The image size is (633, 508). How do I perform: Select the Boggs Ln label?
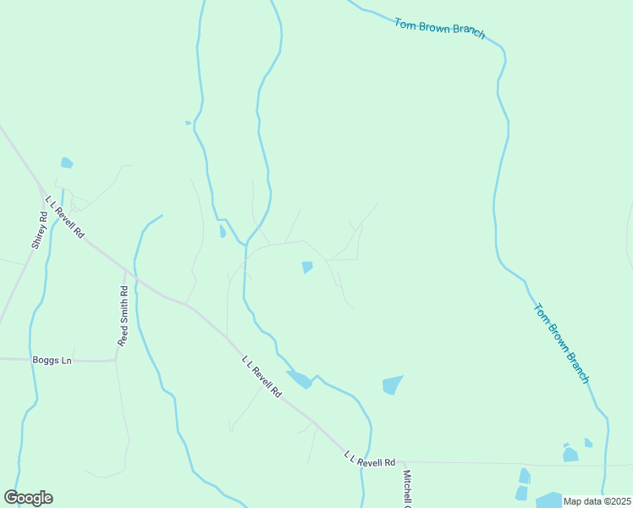[x=52, y=360]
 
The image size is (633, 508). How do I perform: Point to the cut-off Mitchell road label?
[x=407, y=489]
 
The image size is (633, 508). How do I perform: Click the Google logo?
[x=28, y=498]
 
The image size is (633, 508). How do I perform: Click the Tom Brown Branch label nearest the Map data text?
[x=561, y=343]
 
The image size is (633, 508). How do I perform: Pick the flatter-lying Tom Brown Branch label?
[x=439, y=28]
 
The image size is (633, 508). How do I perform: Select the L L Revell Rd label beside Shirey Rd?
[x=65, y=217]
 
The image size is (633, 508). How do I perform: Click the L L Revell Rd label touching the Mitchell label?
[x=370, y=460]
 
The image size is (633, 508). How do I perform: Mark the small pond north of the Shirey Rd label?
[x=66, y=163]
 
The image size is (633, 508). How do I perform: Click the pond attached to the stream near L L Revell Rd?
[x=299, y=379]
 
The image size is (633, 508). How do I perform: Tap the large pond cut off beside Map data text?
[x=548, y=500]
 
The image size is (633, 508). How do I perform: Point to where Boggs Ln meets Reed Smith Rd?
[x=116, y=360]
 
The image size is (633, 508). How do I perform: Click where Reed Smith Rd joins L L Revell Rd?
[x=126, y=272]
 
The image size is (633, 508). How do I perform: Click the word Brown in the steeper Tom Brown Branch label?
[x=559, y=341]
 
